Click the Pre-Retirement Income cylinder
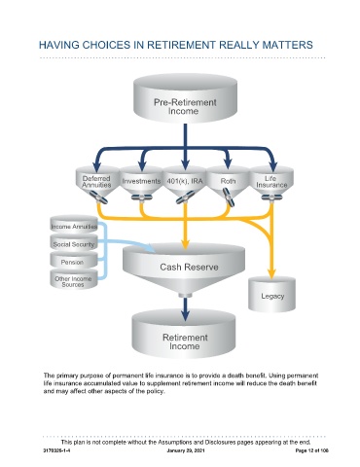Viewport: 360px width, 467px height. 185,98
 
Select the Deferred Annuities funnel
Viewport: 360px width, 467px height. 97,182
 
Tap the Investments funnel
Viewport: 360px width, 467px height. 141,182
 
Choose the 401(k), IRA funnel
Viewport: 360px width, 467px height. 185,182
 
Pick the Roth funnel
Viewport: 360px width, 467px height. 228,182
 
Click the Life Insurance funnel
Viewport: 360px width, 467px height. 271,182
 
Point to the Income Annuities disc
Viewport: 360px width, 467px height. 74,225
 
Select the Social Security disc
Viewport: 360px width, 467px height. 74,243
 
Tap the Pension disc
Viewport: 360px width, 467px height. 74,261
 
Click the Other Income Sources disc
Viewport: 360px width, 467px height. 74,279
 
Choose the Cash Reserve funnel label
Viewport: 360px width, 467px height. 189,268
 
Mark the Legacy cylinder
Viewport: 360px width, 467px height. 271,295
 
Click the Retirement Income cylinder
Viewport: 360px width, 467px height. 184,334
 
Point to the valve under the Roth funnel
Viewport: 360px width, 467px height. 229,197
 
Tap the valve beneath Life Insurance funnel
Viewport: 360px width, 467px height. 271,197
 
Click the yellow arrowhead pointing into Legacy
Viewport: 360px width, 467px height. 271,273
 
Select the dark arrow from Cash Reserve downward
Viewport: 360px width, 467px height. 185,308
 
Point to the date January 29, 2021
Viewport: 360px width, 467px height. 186,450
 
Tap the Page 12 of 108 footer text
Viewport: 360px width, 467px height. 312,450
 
